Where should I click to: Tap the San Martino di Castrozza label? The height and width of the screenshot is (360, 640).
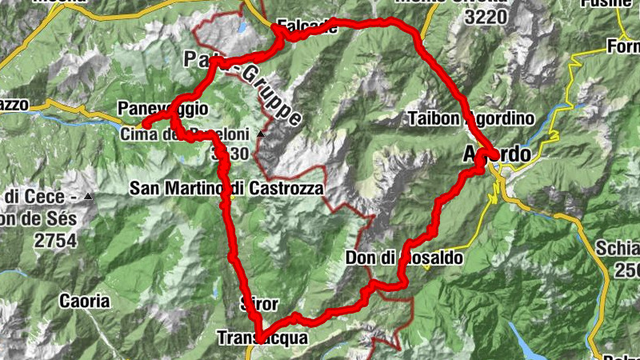(x=227, y=189)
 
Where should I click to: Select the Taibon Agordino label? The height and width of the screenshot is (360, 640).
(x=470, y=118)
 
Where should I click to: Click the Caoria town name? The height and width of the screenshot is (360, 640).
(x=84, y=302)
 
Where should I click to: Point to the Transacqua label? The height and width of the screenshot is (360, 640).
(x=262, y=338)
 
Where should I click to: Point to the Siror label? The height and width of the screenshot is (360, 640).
(x=258, y=304)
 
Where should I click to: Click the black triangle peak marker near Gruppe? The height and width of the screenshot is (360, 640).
(x=261, y=134)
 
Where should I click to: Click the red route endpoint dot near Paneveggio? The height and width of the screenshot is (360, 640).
(x=147, y=123)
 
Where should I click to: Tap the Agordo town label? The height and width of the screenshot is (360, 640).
(x=496, y=153)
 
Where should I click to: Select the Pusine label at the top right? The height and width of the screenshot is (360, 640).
(x=612, y=3)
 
